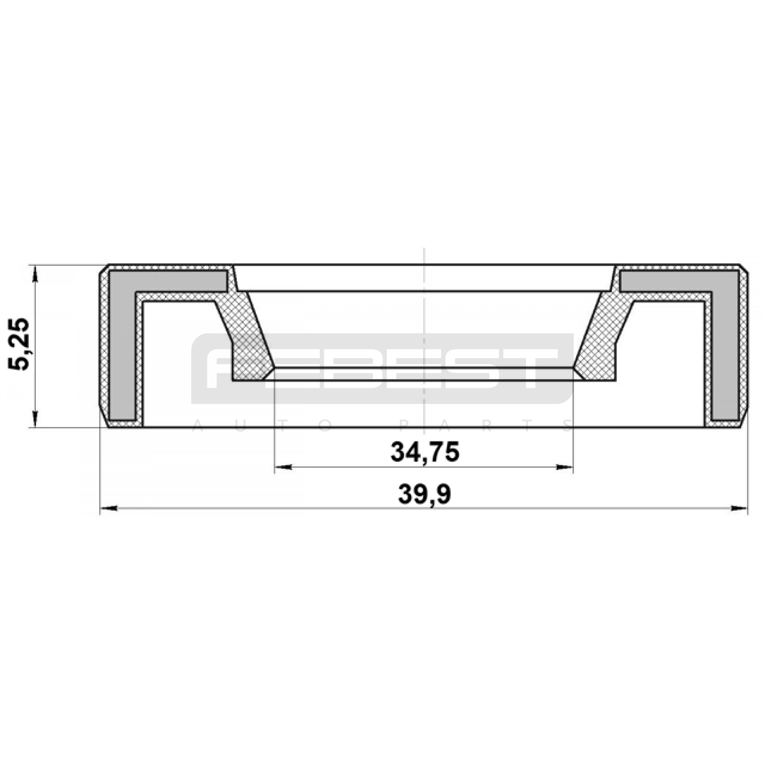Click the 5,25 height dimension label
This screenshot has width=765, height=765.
coord(19,344)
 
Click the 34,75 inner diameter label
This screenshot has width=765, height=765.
coord(425,452)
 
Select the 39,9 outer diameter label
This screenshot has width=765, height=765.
coord(425,494)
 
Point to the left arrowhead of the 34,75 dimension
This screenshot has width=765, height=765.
coord(283,467)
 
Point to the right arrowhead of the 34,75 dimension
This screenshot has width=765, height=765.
coord(564,467)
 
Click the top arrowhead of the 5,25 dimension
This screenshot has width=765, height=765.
coord(34,273)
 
